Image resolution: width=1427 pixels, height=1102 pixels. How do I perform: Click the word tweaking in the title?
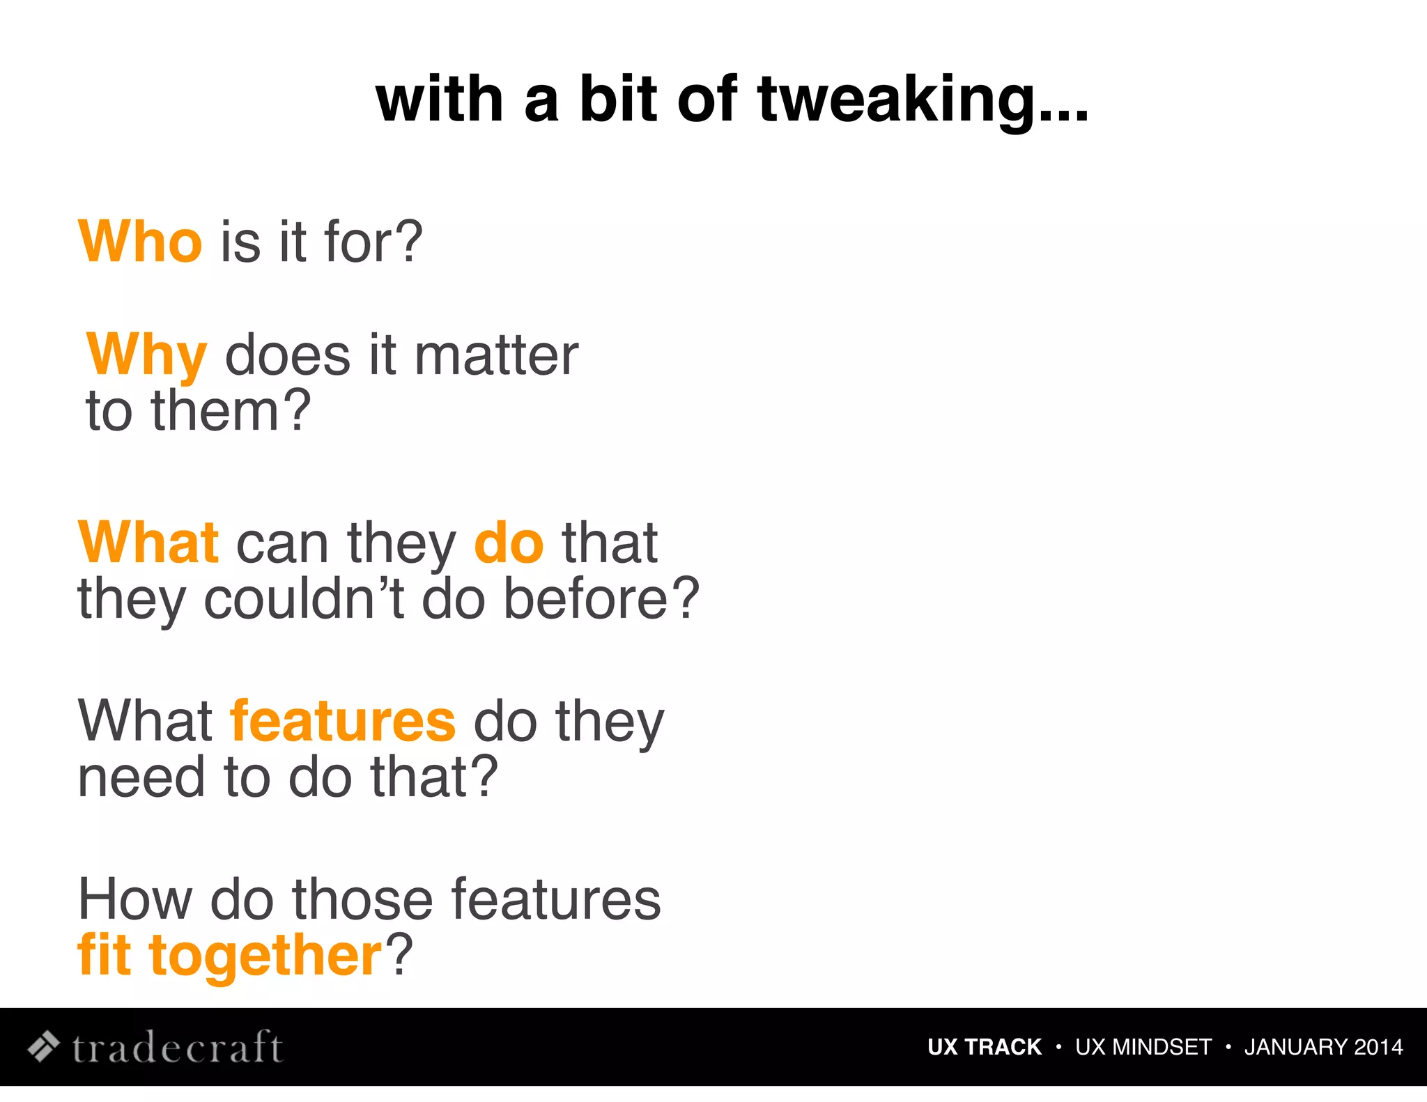coord(923,101)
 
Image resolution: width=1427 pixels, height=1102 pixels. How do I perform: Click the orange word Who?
coord(140,242)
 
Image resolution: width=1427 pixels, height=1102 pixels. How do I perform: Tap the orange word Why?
coord(147,356)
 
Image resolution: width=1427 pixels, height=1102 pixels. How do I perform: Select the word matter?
coord(496,356)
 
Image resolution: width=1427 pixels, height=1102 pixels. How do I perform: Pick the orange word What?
coord(148,543)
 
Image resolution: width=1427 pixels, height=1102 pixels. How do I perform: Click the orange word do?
coord(509,543)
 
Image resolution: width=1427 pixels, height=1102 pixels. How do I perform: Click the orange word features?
coord(343,722)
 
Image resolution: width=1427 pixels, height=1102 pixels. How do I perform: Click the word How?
coord(135,900)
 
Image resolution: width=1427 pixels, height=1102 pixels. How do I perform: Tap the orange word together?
coord(265,956)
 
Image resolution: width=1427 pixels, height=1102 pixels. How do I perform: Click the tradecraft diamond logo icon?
coord(43,1046)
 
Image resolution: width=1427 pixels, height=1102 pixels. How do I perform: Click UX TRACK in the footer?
coord(984,1047)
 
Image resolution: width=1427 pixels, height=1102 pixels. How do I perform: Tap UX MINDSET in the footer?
coord(1143,1047)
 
